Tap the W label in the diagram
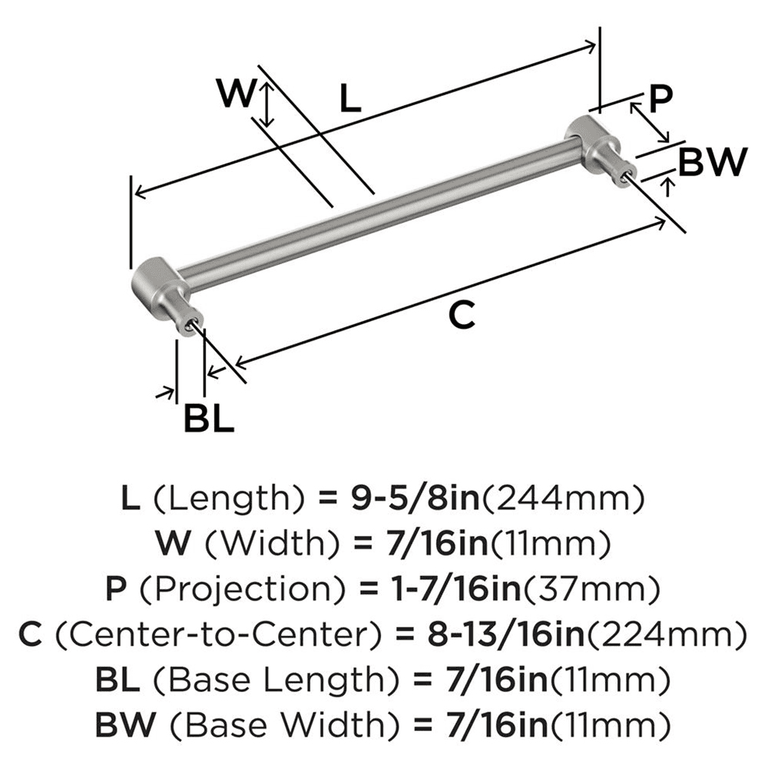(235, 94)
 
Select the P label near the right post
(660, 98)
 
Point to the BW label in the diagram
(713, 163)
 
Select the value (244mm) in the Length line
(561, 500)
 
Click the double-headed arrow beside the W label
(266, 105)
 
